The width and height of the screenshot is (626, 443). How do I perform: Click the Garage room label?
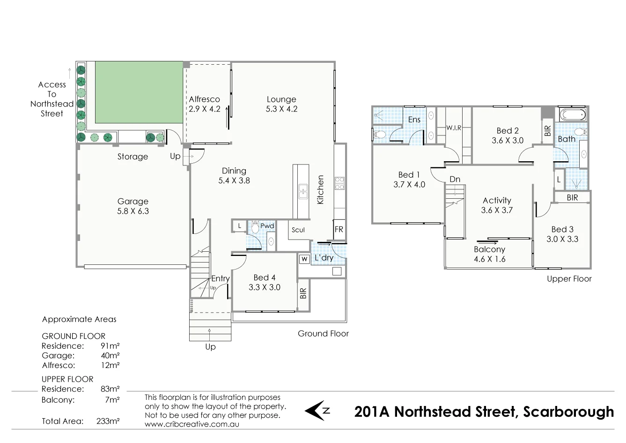coord(133,206)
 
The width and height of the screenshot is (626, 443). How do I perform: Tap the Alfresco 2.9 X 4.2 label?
coord(204,104)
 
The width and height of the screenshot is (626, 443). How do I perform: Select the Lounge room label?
coord(281,104)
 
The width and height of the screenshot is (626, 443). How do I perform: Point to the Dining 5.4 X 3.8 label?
coord(234,175)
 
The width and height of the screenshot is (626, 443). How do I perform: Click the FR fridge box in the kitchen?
coord(339,230)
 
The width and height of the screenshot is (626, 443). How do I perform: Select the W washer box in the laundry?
coord(304,259)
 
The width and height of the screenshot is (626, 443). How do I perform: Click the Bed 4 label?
coord(264,282)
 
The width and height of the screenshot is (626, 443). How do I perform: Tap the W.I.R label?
coord(454,128)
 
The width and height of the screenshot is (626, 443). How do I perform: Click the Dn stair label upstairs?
coord(455,179)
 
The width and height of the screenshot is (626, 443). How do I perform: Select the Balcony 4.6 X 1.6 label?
coord(489,254)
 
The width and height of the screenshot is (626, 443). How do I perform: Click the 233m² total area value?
coord(108,421)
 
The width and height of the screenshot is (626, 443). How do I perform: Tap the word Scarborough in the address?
coord(568,412)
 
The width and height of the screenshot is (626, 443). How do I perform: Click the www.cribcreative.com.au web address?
coord(192,424)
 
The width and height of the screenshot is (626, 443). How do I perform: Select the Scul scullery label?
coord(298,230)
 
